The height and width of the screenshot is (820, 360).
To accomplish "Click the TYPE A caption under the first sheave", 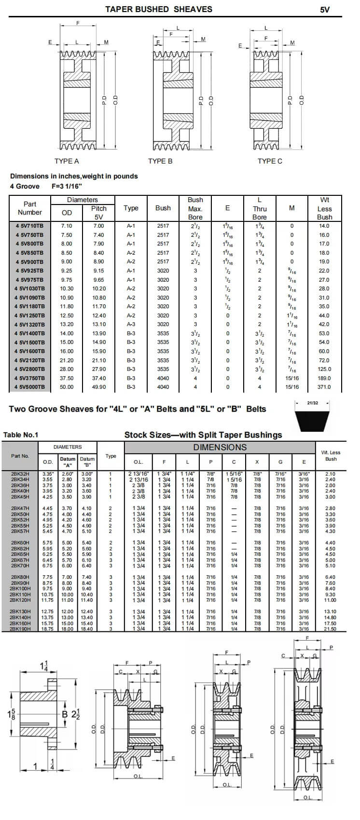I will coord(67,161).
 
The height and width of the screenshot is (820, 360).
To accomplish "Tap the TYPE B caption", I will coord(160,161).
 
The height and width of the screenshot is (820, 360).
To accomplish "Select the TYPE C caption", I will coord(270,161).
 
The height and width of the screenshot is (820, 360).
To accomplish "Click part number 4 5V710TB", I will coord(29,226).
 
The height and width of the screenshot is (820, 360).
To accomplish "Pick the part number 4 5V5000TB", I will coord(29,387).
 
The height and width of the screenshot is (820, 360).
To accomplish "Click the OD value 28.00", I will coord(67,369).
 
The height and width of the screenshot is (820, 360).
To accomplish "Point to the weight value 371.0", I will coord(324,387).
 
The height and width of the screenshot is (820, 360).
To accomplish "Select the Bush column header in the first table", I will coord(163,208).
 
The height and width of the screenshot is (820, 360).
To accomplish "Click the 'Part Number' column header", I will coord(30,208).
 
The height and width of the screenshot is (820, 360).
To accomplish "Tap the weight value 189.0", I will coord(324,378).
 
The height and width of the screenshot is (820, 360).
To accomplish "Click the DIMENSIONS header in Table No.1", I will coord(220,447).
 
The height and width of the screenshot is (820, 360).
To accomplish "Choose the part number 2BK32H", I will coord(20,474).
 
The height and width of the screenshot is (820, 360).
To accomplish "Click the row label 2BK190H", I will coord(20,629).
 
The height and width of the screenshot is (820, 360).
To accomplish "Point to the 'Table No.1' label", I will coord(21,435).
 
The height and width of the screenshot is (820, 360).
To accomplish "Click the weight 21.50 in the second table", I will coord(330,629).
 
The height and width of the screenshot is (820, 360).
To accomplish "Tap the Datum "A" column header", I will coord(68,462).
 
